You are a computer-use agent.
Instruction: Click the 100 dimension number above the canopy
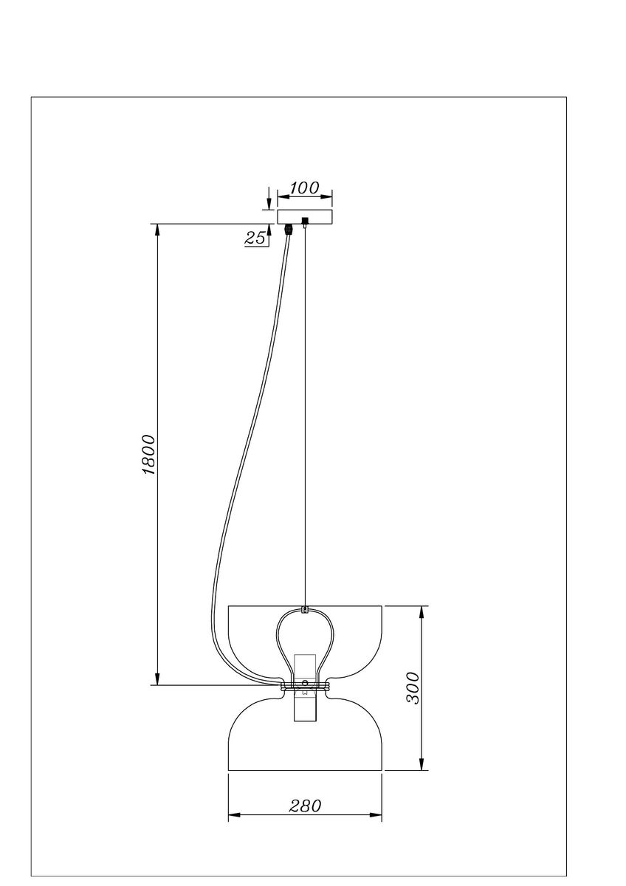pyautogui.click(x=304, y=188)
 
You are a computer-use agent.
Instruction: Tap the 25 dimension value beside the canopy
pyautogui.click(x=255, y=238)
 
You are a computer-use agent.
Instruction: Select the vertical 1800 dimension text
pyautogui.click(x=148, y=454)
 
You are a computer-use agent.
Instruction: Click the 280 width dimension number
pyautogui.click(x=306, y=806)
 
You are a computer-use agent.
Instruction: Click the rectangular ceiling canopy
pyautogui.click(x=304, y=216)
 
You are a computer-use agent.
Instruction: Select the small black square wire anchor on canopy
pyautogui.click(x=305, y=220)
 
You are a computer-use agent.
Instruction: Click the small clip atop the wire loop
pyautogui.click(x=305, y=610)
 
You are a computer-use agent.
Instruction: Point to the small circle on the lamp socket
pyautogui.click(x=305, y=683)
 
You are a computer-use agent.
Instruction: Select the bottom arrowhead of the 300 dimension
pyautogui.click(x=422, y=764)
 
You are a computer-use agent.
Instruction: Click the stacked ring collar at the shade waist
pyautogui.click(x=305, y=687)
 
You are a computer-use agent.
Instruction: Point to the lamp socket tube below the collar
pyautogui.click(x=305, y=709)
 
